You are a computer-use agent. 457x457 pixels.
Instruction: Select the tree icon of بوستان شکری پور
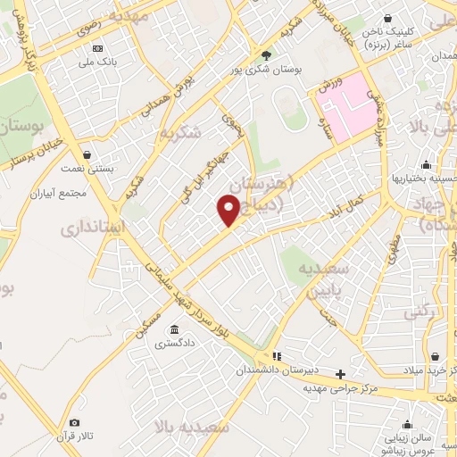(267, 54)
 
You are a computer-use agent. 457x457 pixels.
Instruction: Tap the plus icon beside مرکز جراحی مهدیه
(340, 374)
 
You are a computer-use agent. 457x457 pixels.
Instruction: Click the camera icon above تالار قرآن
(75, 422)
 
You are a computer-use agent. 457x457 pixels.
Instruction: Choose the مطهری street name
(393, 250)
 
